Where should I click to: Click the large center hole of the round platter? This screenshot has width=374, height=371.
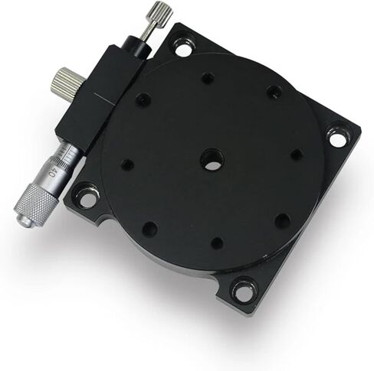pyautogui.click(x=212, y=160)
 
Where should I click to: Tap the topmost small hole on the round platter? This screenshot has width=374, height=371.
pyautogui.click(x=207, y=77)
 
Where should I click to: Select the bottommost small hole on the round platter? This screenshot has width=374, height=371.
pyautogui.click(x=217, y=242)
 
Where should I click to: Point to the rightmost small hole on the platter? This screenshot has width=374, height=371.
pyautogui.click(x=296, y=155)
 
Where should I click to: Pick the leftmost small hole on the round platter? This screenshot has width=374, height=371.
pyautogui.click(x=127, y=164)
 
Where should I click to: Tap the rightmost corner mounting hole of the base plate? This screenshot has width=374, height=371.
pyautogui.click(x=337, y=138)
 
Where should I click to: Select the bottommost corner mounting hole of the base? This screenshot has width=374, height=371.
pyautogui.click(x=244, y=291)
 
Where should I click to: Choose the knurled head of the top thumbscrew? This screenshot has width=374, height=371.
pyautogui.click(x=160, y=14)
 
